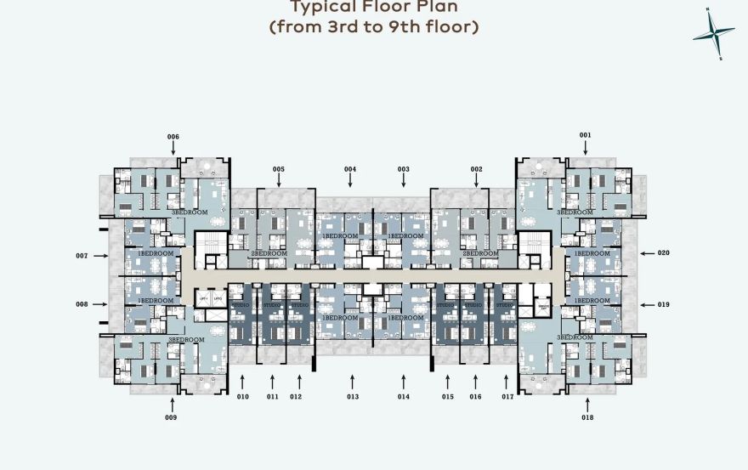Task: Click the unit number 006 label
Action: click(x=173, y=137)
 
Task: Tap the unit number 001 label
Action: click(x=585, y=135)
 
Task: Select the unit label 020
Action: click(x=663, y=253)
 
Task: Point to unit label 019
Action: click(x=663, y=304)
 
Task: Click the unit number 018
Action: click(x=587, y=417)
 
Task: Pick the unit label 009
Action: click(x=172, y=417)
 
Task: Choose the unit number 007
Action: click(x=82, y=256)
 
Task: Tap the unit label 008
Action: click(x=82, y=304)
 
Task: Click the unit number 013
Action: click(x=353, y=397)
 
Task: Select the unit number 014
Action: click(x=403, y=397)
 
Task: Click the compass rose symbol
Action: click(x=713, y=34)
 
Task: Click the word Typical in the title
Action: click(x=326, y=8)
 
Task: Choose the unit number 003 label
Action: click(x=403, y=169)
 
